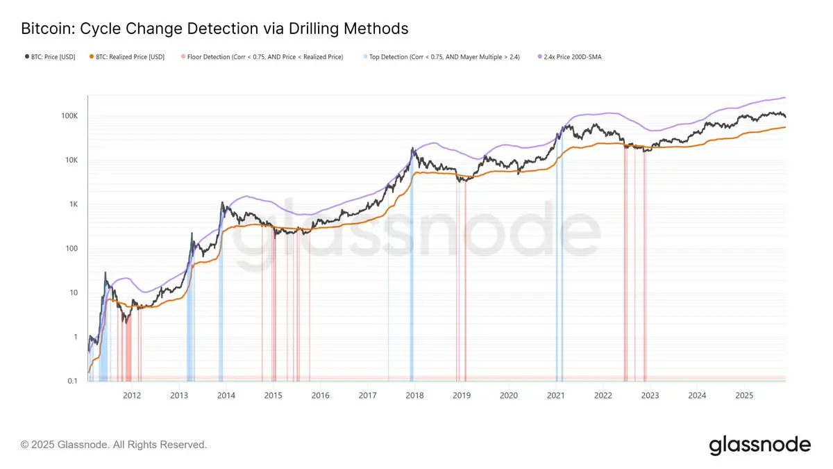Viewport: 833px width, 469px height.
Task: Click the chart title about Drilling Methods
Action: pyautogui.click(x=214, y=29)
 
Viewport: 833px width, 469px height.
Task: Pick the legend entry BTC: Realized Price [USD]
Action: pyautogui.click(x=131, y=57)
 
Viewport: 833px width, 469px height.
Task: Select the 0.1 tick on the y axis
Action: pyautogui.click(x=71, y=381)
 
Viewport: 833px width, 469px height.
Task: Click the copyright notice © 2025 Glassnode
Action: pyautogui.click(x=114, y=444)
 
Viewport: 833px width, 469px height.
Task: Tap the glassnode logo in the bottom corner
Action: pyautogui.click(x=759, y=445)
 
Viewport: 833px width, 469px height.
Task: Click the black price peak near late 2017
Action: pyautogui.click(x=413, y=148)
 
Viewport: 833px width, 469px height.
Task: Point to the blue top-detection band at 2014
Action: pyautogui.click(x=221, y=292)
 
